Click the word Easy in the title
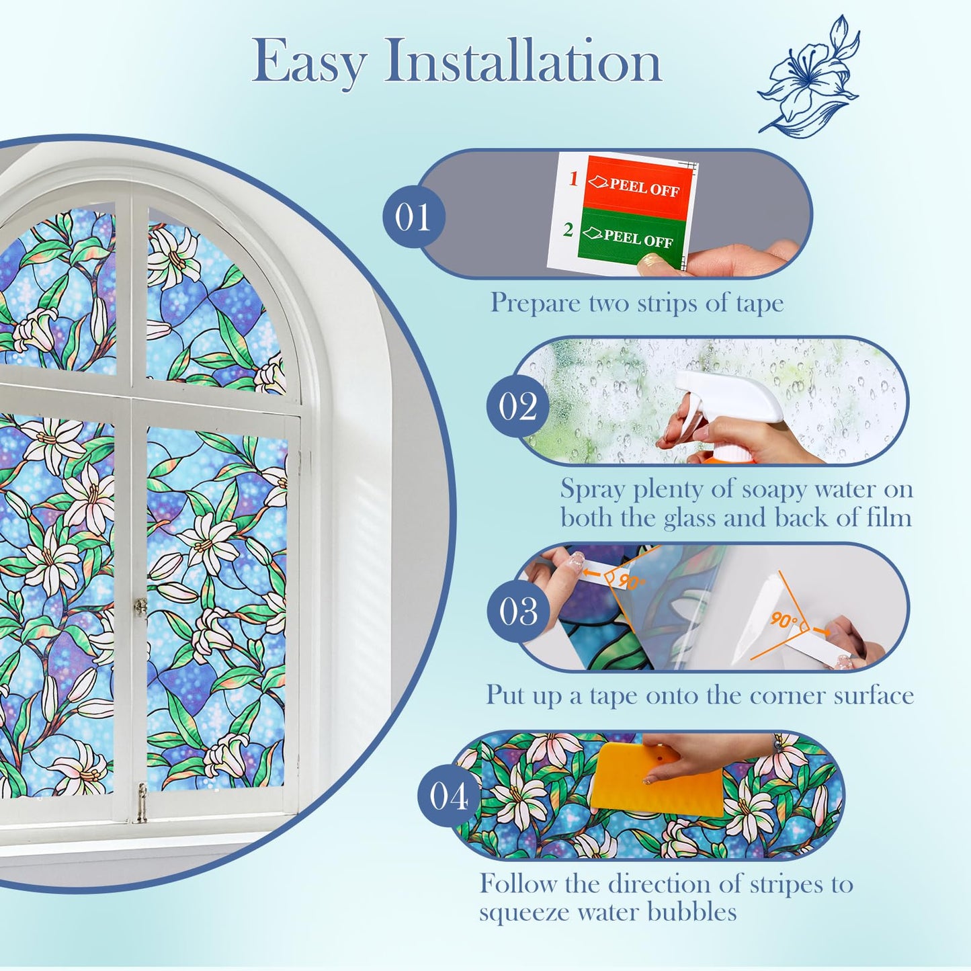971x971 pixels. click(x=309, y=62)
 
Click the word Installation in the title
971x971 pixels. click(x=523, y=62)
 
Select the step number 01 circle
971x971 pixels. click(x=413, y=216)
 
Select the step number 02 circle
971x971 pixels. click(x=517, y=406)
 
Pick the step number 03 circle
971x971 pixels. click(x=517, y=611)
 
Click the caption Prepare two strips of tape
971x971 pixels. click(x=636, y=302)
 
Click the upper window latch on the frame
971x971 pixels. click(x=140, y=607)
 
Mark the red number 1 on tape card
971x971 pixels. click(x=573, y=179)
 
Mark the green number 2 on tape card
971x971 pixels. click(x=568, y=230)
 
